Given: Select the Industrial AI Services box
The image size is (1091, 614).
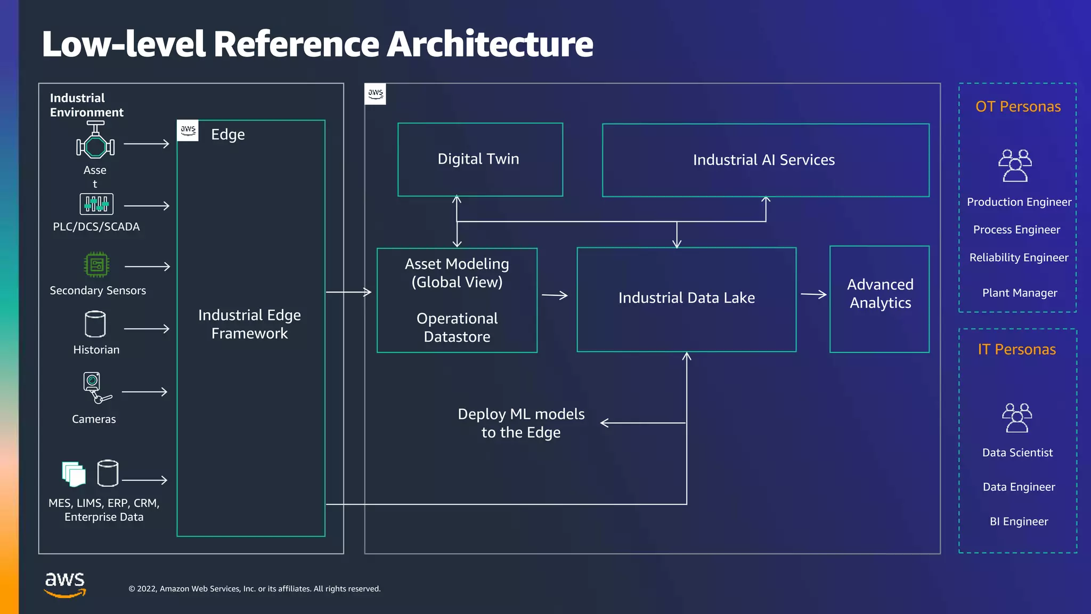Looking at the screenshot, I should coord(765,160).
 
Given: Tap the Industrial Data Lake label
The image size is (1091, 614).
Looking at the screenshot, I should coord(686,298).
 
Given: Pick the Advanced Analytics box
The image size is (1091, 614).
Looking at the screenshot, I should coord(880,299).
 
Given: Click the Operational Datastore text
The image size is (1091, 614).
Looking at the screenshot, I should coord(457,327).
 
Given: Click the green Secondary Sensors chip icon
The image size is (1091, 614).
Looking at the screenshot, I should coord(97,264).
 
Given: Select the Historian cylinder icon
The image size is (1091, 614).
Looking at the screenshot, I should coord(95,324).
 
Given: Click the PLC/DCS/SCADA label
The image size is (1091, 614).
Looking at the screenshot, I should coord(96,227).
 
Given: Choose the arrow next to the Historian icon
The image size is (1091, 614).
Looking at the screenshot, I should coord(146,329).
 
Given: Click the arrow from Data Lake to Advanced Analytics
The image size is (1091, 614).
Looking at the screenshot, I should coord(813,294).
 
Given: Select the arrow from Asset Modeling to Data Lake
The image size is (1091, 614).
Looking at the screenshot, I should coord(555,295).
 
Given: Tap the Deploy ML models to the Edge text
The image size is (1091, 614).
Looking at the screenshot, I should coord(521,423).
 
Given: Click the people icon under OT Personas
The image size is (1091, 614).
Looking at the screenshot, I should coord(1015,166).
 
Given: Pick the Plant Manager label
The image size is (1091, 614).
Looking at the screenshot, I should coord(1019,293).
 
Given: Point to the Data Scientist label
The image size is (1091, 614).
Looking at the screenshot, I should coord(1017,453).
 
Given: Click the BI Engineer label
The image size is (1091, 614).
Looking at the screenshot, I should coord(1019,522).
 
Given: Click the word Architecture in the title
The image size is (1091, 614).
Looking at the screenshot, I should coord(490,44).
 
